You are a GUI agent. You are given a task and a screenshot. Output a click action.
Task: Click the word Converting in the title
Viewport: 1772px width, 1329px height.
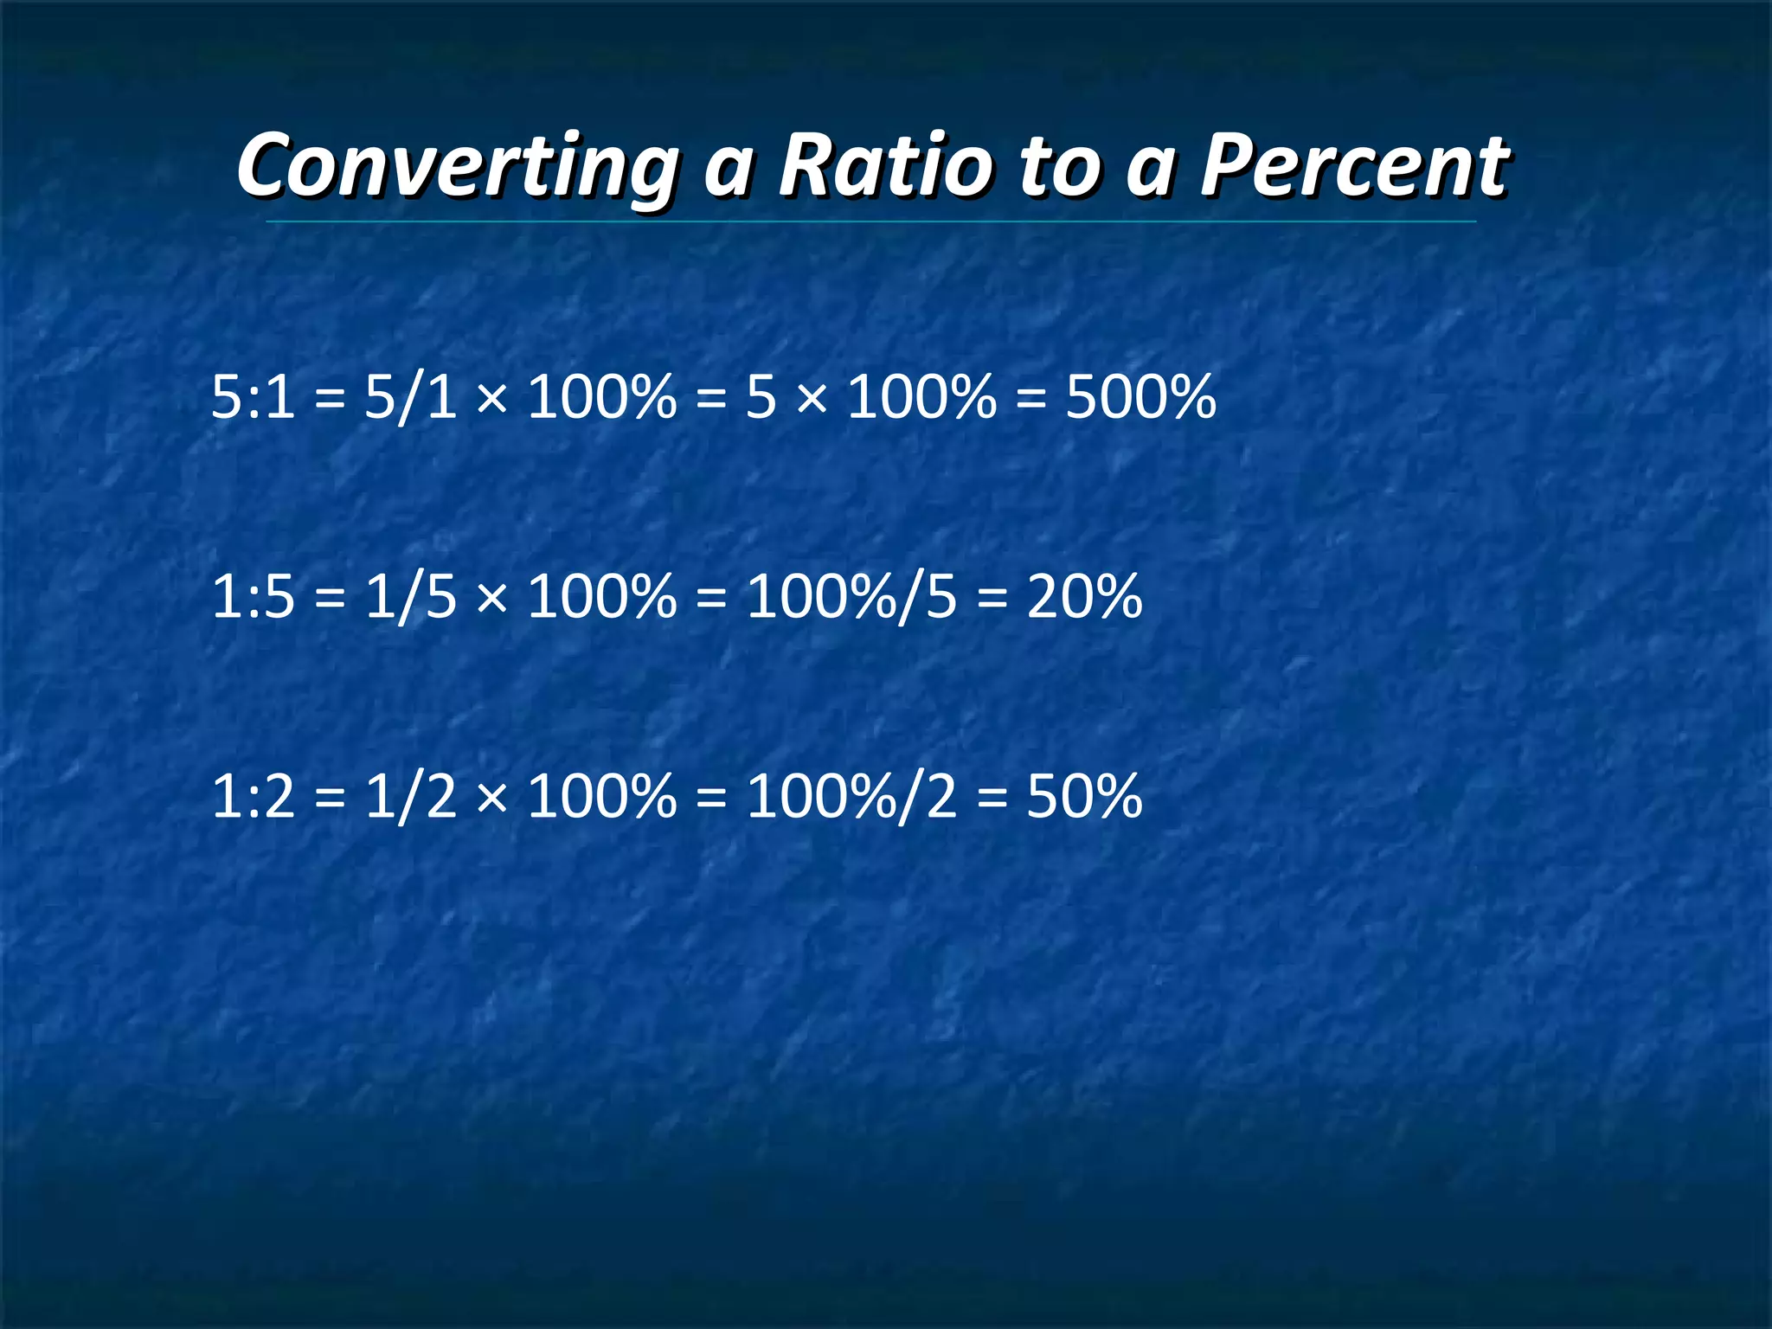click(x=457, y=166)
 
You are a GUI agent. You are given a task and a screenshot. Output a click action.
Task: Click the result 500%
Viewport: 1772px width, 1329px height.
click(x=1140, y=398)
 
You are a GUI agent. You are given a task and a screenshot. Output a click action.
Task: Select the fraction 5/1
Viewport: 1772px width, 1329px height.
click(x=410, y=398)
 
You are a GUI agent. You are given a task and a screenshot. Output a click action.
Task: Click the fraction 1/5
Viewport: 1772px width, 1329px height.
click(x=410, y=597)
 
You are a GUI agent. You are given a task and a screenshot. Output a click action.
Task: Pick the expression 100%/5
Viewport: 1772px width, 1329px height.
click(x=851, y=597)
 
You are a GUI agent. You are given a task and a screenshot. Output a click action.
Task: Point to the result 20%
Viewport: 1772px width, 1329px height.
click(x=1084, y=597)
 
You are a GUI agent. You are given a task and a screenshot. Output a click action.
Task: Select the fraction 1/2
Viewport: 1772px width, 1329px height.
click(x=410, y=796)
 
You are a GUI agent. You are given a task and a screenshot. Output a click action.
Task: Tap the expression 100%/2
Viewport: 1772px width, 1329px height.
click(x=851, y=796)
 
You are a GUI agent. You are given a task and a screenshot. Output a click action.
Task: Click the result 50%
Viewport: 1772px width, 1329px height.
click(x=1084, y=796)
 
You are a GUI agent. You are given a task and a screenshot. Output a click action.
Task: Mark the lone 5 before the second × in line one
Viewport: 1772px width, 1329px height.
click(x=761, y=398)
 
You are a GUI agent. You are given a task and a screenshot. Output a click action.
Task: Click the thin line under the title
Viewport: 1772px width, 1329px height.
click(x=870, y=222)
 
